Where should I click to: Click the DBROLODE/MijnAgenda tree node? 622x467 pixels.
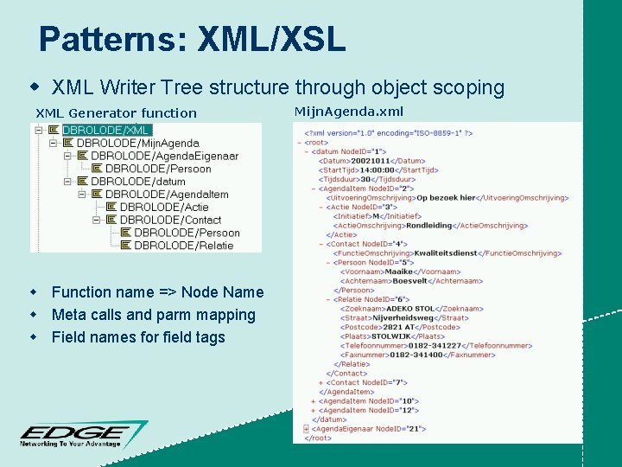[137, 143]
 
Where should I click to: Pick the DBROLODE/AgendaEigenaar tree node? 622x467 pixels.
[164, 156]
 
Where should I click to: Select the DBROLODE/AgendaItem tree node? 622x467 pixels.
[166, 195]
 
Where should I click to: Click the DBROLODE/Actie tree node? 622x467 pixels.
[164, 208]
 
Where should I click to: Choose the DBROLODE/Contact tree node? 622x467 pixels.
[170, 220]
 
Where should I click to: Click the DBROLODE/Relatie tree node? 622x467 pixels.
[183, 246]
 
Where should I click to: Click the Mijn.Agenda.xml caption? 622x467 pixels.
[348, 111]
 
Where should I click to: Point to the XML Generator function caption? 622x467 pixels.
[116, 112]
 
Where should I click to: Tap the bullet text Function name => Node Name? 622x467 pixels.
[157, 292]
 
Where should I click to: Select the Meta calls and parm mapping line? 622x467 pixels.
[153, 315]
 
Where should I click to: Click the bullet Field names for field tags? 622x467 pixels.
[138, 337]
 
